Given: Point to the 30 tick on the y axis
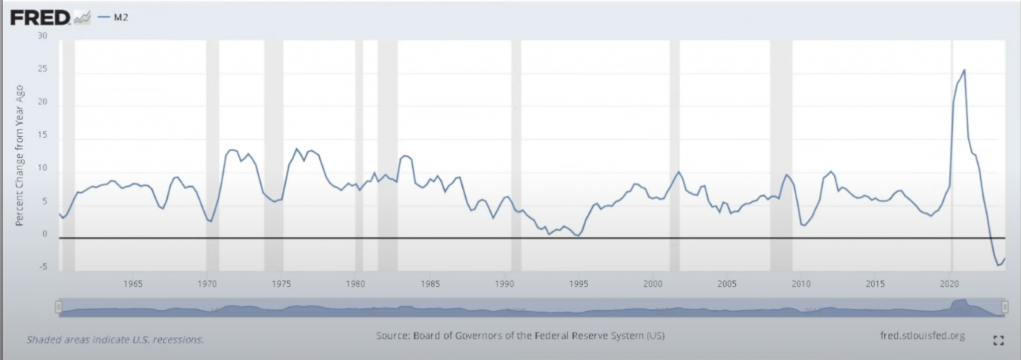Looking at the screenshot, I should (x=42, y=36).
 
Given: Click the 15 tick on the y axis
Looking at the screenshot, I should (x=42, y=135).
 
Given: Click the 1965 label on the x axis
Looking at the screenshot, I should (x=133, y=284).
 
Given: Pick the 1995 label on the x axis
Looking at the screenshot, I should (x=579, y=284).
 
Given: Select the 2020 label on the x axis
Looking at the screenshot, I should (x=949, y=284).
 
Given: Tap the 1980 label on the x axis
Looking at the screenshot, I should (x=355, y=284).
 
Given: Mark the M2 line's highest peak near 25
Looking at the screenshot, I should (x=964, y=70).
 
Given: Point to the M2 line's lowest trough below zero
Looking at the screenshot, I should (x=999, y=265).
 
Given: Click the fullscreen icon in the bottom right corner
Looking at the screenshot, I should (x=998, y=340).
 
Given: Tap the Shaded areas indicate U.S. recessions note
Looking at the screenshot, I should (x=115, y=340).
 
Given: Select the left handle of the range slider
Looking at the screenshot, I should (x=57, y=306).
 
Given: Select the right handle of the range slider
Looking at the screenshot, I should (x=1004, y=306).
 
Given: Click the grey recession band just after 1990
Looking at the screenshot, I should (x=516, y=151).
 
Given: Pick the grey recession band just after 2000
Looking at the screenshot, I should (x=675, y=151).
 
